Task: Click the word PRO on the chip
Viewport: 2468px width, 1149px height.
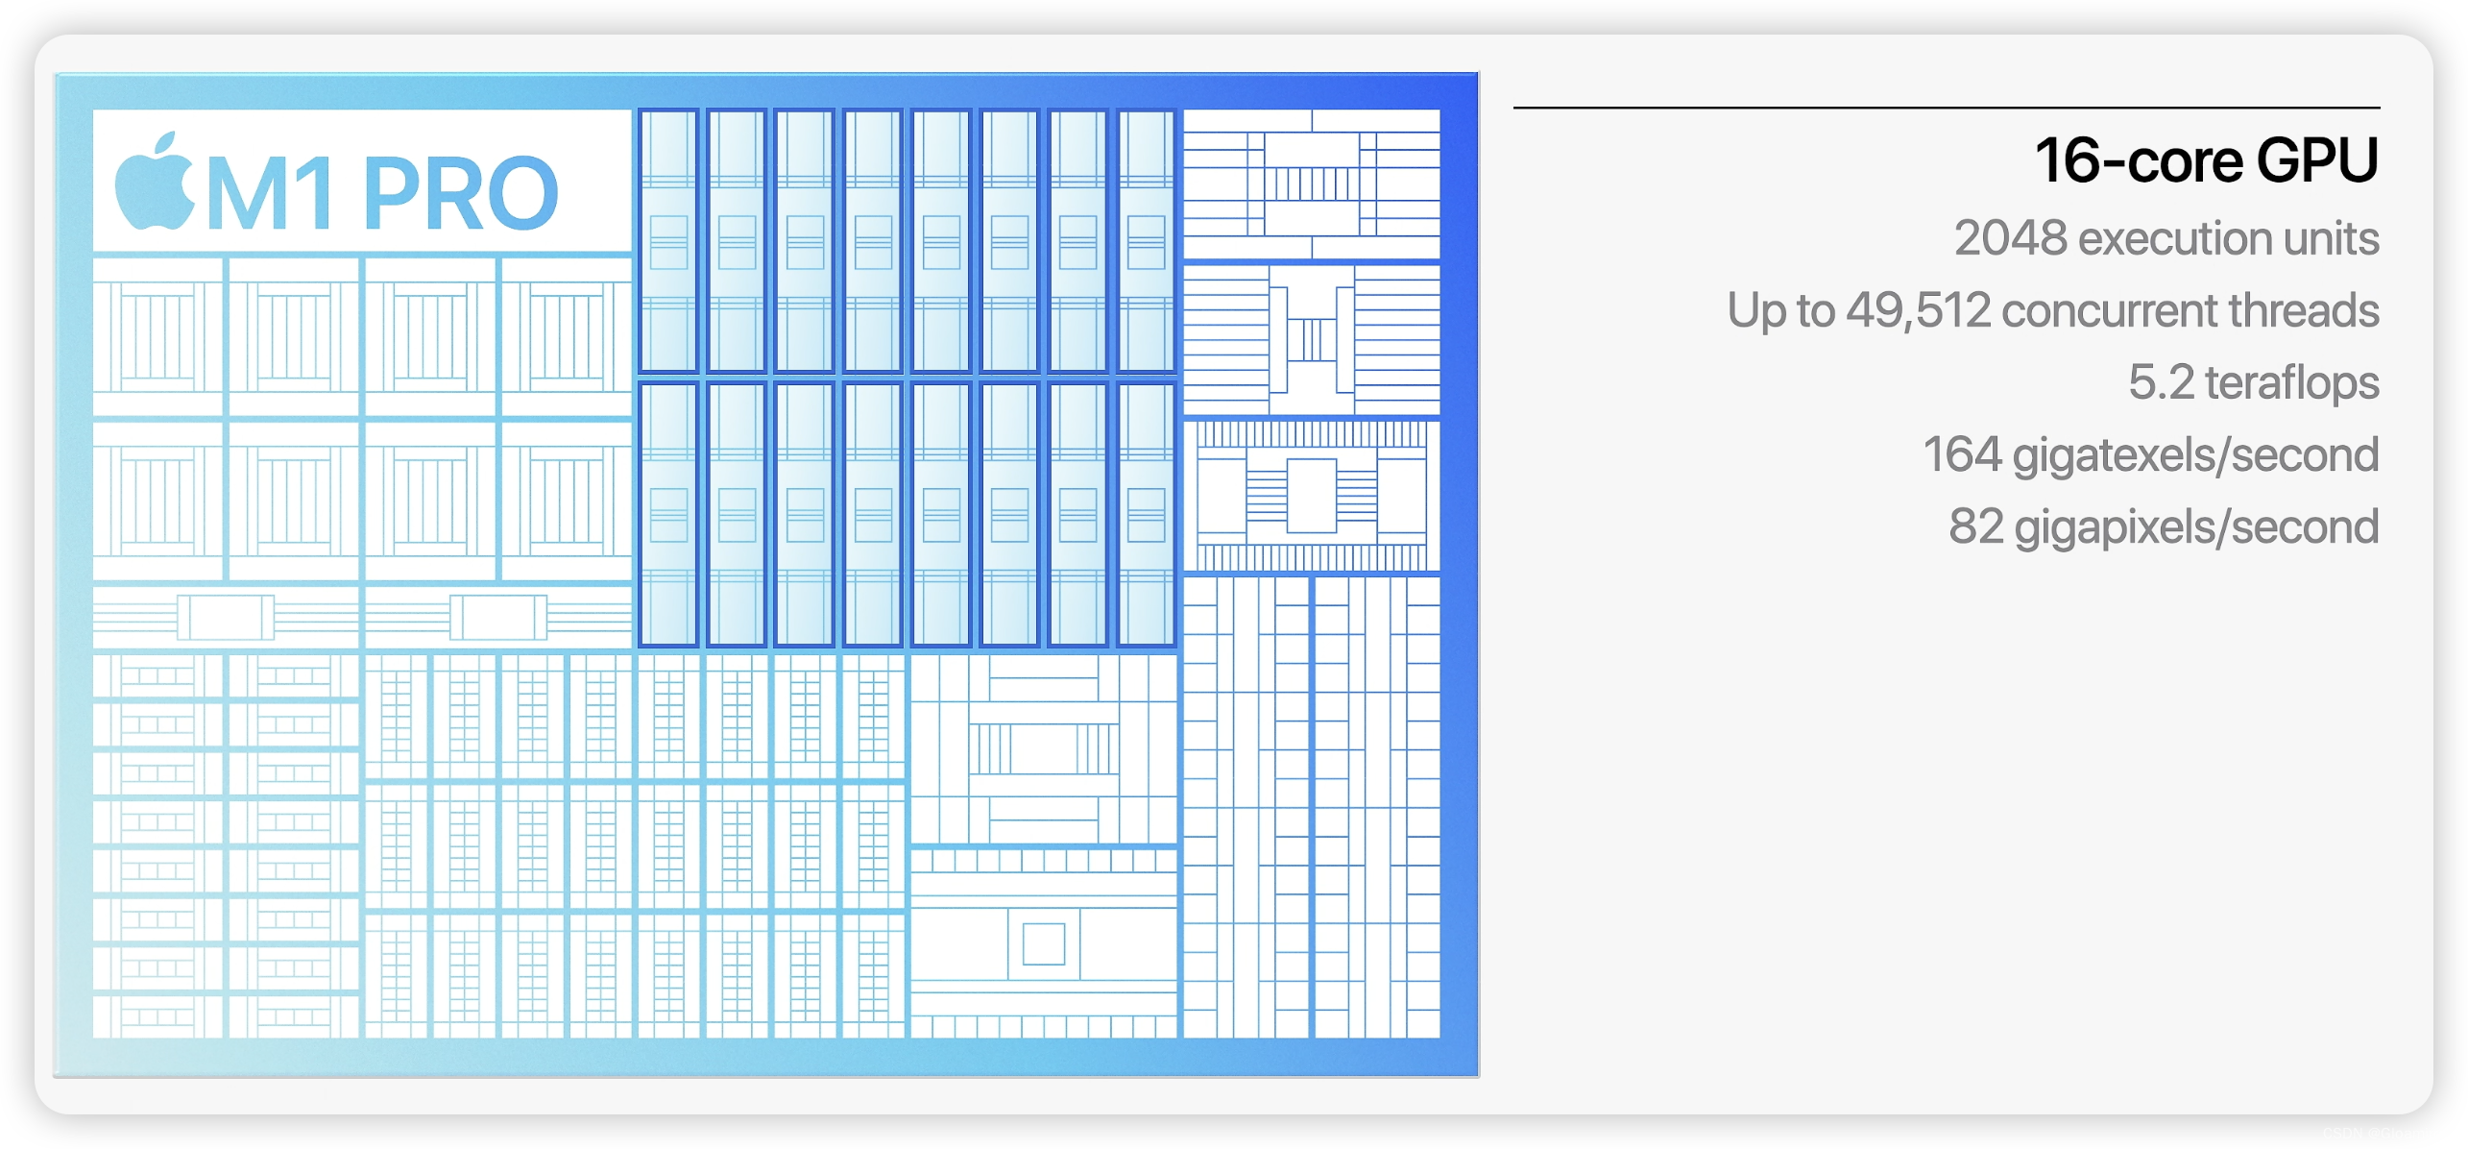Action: point(460,194)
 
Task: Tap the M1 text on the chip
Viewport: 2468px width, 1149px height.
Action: point(272,194)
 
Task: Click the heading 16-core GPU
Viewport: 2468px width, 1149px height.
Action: point(2206,160)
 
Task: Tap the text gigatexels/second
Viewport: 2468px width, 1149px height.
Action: point(2195,455)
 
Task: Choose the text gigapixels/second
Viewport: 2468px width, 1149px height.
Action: point(2196,527)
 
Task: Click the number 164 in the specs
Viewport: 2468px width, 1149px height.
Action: point(1961,454)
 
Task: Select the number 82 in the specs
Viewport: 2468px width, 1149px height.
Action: point(1975,526)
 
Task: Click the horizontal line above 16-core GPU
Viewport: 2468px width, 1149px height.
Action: point(1946,108)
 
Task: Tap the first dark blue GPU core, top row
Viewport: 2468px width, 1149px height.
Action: point(668,240)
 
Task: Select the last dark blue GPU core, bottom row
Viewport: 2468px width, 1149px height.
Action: point(1146,514)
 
